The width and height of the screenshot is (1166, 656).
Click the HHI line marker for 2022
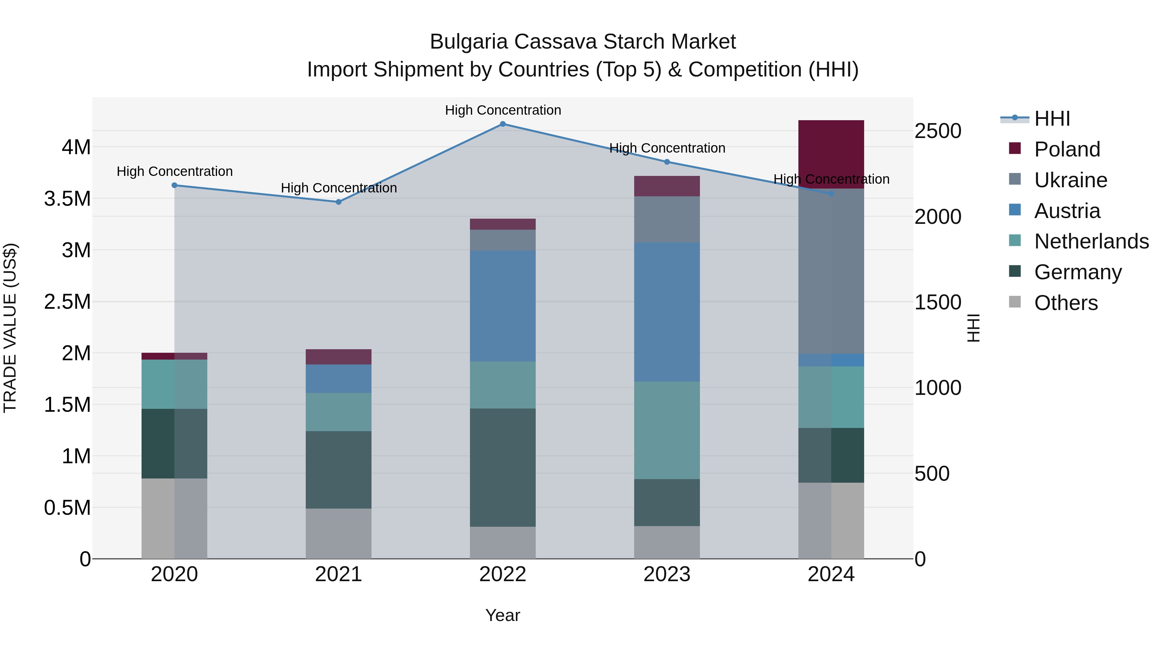(502, 124)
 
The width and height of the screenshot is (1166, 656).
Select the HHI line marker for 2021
(338, 202)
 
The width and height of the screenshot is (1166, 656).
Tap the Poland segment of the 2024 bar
(831, 154)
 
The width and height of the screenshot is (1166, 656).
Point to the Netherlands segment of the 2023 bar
(667, 430)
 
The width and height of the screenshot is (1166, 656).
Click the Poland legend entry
(1067, 149)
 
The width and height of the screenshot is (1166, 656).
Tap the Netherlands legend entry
(1091, 241)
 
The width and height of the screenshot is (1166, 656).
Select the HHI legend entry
(1052, 119)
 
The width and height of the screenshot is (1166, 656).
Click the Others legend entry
(1066, 303)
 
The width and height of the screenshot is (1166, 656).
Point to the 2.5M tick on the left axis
(67, 302)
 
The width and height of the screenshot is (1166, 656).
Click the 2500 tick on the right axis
(937, 131)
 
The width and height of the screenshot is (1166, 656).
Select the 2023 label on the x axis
(667, 574)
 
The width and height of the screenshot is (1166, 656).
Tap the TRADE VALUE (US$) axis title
(10, 328)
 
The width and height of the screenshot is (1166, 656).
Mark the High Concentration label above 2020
(175, 172)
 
